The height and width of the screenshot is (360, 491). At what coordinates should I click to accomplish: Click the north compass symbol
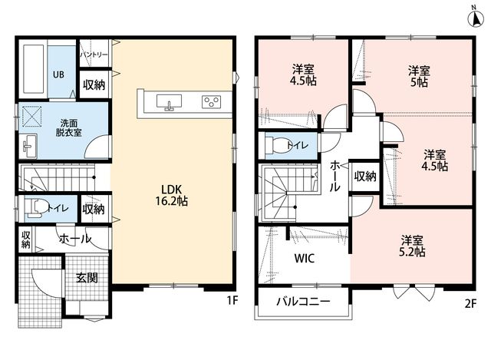pyautogui.click(x=476, y=19)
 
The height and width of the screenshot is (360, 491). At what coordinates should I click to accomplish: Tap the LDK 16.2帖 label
pyautogui.click(x=172, y=195)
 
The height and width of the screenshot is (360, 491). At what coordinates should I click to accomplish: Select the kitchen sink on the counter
pyautogui.click(x=169, y=102)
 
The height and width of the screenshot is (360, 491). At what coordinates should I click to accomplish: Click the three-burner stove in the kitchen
pyautogui.click(x=212, y=102)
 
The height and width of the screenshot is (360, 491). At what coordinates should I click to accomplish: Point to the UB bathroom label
pyautogui.click(x=58, y=74)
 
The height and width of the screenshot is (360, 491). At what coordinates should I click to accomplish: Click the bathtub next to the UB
pyautogui.click(x=33, y=69)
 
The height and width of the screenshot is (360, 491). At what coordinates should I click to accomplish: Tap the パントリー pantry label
pyautogui.click(x=94, y=54)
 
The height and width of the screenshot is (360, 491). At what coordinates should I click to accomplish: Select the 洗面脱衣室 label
pyautogui.click(x=69, y=128)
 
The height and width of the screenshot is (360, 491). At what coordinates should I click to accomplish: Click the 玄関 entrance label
pyautogui.click(x=87, y=278)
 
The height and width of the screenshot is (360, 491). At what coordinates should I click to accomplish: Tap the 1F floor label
pyautogui.click(x=232, y=301)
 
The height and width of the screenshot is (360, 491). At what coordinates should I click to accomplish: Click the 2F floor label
pyautogui.click(x=470, y=304)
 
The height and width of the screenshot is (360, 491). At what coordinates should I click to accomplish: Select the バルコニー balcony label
pyautogui.click(x=303, y=302)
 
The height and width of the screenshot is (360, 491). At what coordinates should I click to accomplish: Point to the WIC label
pyautogui.click(x=305, y=259)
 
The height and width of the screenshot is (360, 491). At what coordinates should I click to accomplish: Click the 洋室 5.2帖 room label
pyautogui.click(x=413, y=246)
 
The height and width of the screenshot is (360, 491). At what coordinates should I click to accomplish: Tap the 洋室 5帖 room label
pyautogui.click(x=419, y=77)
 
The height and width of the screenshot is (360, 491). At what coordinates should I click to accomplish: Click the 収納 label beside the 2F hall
pyautogui.click(x=365, y=177)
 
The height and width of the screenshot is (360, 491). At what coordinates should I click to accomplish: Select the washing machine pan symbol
pyautogui.click(x=31, y=116)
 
